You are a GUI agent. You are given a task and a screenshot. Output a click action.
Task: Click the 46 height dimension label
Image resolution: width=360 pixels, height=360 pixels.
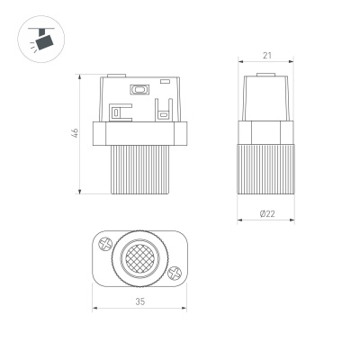pos(76,133)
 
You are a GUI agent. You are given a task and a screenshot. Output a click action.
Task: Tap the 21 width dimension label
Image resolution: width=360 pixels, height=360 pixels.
pos(266,56)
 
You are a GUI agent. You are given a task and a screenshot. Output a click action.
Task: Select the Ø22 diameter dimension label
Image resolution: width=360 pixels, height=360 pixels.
pos(266,213)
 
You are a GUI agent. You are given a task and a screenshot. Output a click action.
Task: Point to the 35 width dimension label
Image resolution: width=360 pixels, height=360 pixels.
pos(139,302)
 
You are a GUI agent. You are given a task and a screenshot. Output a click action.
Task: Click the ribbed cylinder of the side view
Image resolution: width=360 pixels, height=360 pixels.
pos(266,166)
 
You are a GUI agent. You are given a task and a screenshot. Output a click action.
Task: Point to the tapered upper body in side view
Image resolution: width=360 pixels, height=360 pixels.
pos(266,97)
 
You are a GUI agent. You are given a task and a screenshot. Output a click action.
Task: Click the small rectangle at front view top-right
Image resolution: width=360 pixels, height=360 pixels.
pos(166,83)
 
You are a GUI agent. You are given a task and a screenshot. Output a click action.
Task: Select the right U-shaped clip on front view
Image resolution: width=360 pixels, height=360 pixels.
pos(162,113)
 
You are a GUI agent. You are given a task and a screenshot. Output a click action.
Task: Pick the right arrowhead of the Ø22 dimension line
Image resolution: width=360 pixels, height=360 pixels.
pos(292,221)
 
